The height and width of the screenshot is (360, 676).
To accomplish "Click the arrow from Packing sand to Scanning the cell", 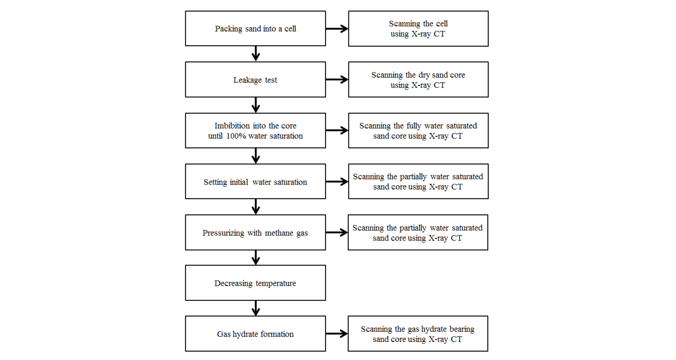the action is [337, 29].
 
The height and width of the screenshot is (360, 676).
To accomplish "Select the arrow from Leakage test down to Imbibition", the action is [256, 105].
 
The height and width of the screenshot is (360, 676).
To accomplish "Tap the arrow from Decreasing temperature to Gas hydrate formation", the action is [256, 308].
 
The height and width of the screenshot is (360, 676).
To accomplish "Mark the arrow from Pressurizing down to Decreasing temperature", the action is [256, 258].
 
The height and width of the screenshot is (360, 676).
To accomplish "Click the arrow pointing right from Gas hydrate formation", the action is [337, 334].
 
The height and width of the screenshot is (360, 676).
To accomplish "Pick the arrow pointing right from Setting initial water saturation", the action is [337, 181].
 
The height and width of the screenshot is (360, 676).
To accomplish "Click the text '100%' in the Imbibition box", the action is [236, 136].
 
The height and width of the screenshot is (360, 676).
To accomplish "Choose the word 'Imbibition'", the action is [232, 126].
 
